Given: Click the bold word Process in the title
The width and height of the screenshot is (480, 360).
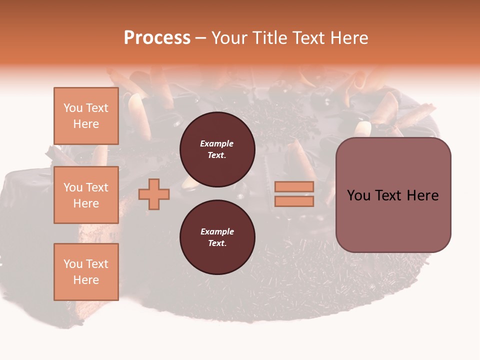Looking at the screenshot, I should pos(157,38).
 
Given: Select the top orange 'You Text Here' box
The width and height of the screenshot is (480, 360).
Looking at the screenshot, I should pos(86,116).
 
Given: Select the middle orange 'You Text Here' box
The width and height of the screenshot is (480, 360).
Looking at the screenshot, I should pos(86,195).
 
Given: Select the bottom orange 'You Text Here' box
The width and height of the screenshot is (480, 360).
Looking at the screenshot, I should pos(86,272).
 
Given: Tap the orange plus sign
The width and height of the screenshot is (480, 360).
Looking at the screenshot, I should pos(154,194).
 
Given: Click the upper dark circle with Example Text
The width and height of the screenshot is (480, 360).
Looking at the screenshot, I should pos(217,149).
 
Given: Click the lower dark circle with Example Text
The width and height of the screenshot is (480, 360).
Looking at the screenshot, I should pos(217,237).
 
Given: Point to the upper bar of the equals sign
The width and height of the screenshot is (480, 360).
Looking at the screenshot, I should pos(294,187).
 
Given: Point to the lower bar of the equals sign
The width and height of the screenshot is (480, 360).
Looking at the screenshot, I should pos(294,201).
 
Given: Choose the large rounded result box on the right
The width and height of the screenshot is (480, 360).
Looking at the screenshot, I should pos(393,195).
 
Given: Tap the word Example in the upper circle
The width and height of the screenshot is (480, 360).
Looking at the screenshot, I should pos(217,143).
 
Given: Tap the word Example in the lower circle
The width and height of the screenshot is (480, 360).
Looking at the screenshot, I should pos(217,231).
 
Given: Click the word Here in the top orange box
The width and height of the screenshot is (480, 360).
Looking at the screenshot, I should pos(86,124).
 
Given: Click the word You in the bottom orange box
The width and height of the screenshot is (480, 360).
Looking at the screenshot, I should pos(73,264).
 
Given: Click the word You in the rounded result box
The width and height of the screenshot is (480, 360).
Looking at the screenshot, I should pos(358,195).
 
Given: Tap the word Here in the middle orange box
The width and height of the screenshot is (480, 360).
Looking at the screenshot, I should pos(86,203).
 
